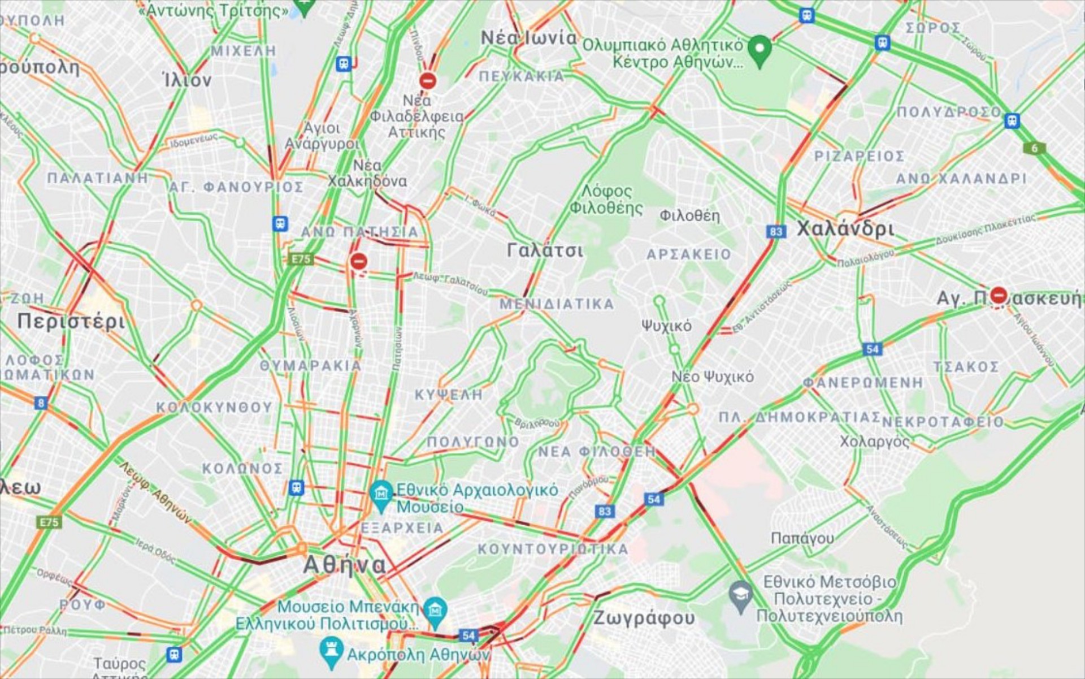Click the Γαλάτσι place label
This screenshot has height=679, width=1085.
[544, 250]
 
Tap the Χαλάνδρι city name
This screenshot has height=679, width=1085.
[845, 229]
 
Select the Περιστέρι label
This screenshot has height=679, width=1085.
[71, 321]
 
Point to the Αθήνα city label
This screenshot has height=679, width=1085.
[345, 564]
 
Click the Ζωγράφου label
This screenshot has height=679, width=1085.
[643, 618]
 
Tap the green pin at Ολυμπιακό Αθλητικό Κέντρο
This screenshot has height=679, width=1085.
[759, 49]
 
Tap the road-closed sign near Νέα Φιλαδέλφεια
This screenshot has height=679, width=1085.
[428, 80]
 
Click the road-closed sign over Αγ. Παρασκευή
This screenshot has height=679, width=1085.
[999, 295]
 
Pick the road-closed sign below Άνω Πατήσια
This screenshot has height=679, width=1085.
[358, 261]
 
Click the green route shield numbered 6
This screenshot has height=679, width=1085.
[1034, 148]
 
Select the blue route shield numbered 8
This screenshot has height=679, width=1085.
[40, 403]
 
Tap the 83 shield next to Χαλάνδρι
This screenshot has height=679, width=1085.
[776, 231]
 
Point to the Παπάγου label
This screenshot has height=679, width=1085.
[802, 538]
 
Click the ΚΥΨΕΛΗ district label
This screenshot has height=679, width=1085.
[449, 395]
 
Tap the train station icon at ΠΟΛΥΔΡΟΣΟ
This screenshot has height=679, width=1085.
[1012, 120]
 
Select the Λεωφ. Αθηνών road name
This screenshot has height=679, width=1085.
[155, 492]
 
